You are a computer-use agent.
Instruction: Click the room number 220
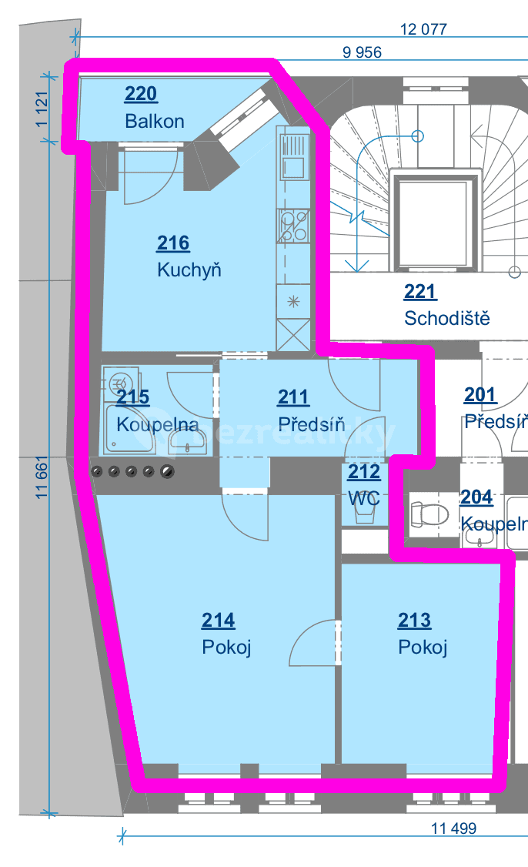(x=141, y=95)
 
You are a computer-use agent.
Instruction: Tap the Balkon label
(x=154, y=121)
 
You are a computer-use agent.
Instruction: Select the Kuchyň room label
(x=189, y=270)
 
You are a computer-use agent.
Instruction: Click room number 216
(x=173, y=244)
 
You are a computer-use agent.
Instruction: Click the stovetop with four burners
(x=293, y=226)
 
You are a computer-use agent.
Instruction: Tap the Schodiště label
(x=446, y=318)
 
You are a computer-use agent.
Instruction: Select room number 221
(x=420, y=292)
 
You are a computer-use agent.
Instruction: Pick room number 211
(x=293, y=397)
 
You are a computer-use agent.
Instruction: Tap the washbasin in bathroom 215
(x=187, y=441)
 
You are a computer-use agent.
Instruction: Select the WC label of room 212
(x=364, y=498)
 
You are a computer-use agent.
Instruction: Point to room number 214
(x=219, y=621)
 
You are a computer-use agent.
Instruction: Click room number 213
(x=415, y=621)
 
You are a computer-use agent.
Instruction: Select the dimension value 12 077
(x=423, y=30)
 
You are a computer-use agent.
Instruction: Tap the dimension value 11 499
(x=453, y=829)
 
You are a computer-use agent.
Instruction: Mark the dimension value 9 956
(x=362, y=52)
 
